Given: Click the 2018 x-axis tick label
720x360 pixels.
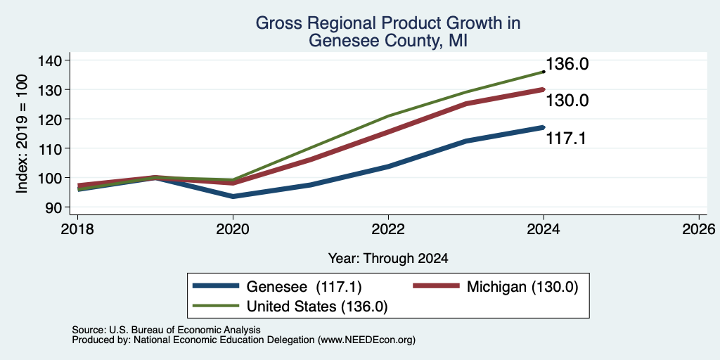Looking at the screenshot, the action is [x=77, y=229].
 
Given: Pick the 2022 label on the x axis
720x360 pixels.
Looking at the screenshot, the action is [x=388, y=229].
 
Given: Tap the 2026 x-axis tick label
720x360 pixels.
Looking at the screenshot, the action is [x=700, y=229].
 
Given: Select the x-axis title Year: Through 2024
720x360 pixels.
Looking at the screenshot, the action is [x=388, y=259].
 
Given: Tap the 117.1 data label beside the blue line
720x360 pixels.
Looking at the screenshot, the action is [x=566, y=139].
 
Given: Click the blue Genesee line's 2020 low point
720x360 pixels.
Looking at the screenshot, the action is [x=233, y=197].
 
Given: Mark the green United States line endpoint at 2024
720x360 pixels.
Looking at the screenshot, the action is [x=544, y=72].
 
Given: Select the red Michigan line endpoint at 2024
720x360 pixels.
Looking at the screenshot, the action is [x=544, y=89].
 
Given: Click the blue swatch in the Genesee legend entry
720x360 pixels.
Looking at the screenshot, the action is [x=216, y=286].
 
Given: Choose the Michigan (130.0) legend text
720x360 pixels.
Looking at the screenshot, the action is [x=522, y=287].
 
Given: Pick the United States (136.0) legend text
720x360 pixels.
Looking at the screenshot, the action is [x=317, y=307].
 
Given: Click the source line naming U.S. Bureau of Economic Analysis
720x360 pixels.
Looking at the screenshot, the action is [x=166, y=330].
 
